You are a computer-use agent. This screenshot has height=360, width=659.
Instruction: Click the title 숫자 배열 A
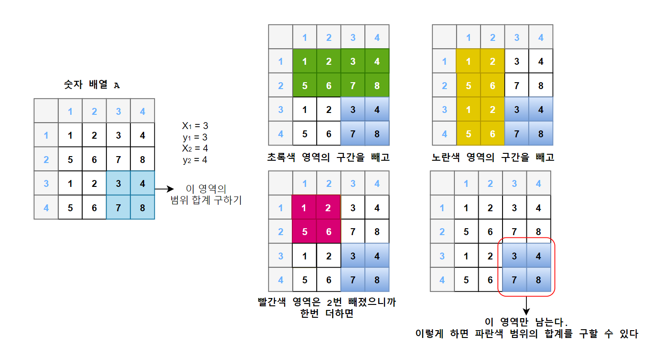pyautogui.click(x=92, y=85)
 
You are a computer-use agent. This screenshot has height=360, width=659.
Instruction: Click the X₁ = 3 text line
pyautogui.click(x=195, y=125)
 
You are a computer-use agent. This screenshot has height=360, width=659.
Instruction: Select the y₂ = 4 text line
pyautogui.click(x=195, y=160)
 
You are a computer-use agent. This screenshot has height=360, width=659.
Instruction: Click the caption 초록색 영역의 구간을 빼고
pyautogui.click(x=328, y=157)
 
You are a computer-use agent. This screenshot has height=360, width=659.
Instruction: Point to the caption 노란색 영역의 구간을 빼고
pyautogui.click(x=492, y=157)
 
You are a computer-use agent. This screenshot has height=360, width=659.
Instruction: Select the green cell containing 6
pyautogui.click(x=329, y=85)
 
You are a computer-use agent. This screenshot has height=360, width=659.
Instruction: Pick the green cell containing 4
pyautogui.click(x=377, y=61)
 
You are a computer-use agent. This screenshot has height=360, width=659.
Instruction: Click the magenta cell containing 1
pyautogui.click(x=305, y=208)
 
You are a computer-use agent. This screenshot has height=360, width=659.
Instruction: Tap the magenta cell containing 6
pyautogui.click(x=329, y=231)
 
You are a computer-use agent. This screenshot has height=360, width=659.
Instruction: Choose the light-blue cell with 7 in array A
pyautogui.click(x=118, y=208)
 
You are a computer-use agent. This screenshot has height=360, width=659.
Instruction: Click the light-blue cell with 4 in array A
pyautogui.click(x=143, y=184)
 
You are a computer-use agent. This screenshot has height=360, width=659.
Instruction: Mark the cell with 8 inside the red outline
pyautogui.click(x=538, y=280)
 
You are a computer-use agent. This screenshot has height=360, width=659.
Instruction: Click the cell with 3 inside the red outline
pyautogui.click(x=514, y=256)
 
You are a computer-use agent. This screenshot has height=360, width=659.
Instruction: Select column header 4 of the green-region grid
pyautogui.click(x=377, y=37)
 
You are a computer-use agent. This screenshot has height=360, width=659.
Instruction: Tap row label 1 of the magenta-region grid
pyautogui.click(x=280, y=208)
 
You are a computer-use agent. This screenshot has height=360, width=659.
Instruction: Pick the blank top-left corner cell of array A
pyautogui.click(x=46, y=111)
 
